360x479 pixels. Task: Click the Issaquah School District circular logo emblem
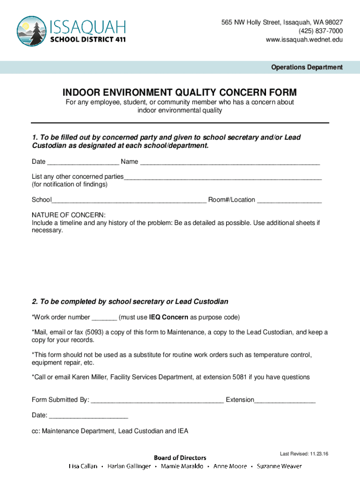[x=31, y=31]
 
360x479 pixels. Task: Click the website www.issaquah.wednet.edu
[x=304, y=40]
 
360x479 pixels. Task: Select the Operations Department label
[x=307, y=67]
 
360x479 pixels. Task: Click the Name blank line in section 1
[x=230, y=162]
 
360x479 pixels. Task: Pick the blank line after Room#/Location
[x=289, y=201]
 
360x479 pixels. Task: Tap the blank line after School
[x=129, y=201]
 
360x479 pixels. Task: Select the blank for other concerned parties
[x=223, y=177]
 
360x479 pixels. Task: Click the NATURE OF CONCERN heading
[x=69, y=215]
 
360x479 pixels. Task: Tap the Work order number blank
[x=104, y=318]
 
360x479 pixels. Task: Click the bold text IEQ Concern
[x=168, y=317]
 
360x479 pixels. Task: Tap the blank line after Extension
[x=285, y=401]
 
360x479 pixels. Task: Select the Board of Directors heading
[x=180, y=457]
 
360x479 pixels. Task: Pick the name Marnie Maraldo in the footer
[x=182, y=466]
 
